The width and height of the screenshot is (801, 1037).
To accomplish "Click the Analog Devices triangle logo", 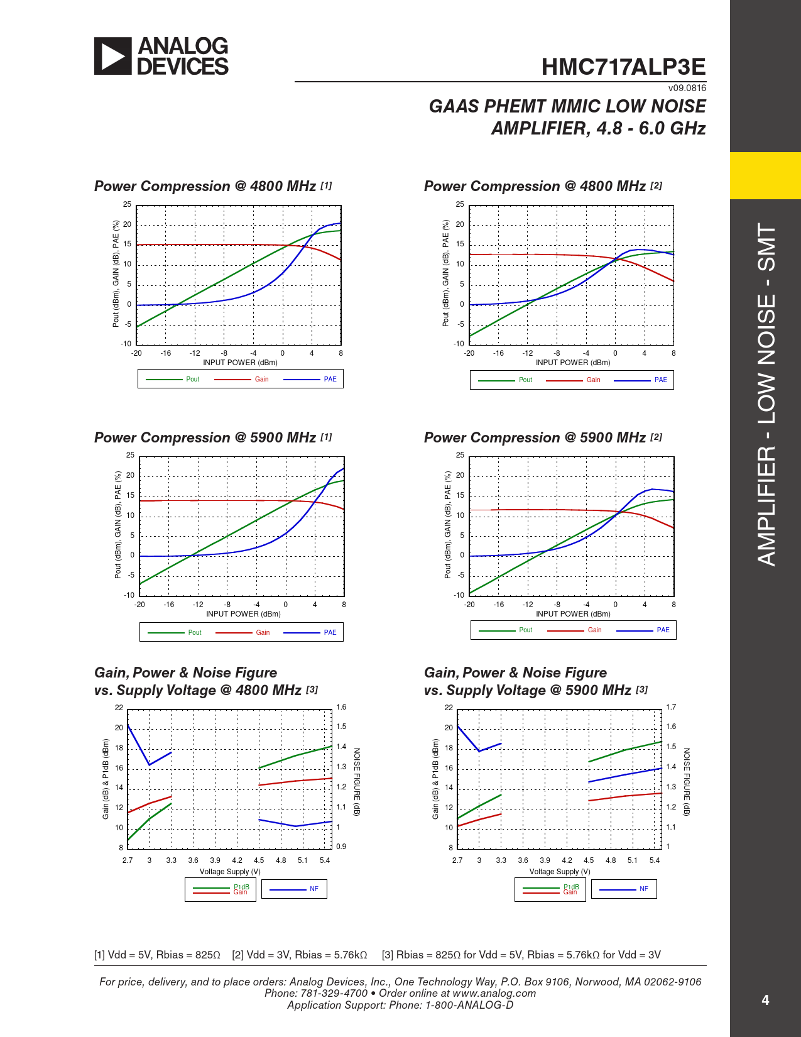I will (x=113, y=57).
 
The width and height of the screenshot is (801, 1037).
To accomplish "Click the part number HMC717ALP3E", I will (x=623, y=67).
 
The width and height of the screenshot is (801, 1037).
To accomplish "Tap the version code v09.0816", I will (x=687, y=88).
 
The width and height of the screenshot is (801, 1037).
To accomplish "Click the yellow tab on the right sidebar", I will (x=765, y=175).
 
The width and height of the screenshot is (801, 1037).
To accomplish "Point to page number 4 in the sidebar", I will (x=765, y=1000).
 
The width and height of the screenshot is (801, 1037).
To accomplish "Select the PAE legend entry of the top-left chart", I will (x=330, y=379).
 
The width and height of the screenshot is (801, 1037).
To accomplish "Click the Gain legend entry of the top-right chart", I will (x=593, y=380).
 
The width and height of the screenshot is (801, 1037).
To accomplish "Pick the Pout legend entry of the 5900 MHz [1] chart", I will (x=195, y=632).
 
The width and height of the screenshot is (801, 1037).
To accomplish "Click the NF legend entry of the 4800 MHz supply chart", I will (x=313, y=889).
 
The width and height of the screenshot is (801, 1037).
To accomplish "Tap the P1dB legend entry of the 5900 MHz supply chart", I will (x=571, y=887).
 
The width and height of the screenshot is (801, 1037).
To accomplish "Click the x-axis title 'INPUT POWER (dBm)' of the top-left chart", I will (x=240, y=363).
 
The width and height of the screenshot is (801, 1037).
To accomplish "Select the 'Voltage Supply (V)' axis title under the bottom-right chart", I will (x=560, y=872).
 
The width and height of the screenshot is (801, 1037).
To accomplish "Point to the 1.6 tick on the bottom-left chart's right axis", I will (x=341, y=707).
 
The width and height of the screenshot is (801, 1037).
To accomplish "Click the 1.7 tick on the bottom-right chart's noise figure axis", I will (x=671, y=707).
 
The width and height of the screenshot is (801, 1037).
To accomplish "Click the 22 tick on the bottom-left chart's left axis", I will (x=119, y=708).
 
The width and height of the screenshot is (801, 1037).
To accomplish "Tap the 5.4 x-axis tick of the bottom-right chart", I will (x=655, y=860).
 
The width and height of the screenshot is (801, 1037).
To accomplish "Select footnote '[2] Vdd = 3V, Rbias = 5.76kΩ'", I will (x=299, y=955).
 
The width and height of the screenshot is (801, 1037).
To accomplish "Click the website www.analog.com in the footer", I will (x=494, y=993).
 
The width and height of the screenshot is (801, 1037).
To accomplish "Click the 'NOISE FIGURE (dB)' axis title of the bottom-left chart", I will (x=357, y=782).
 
